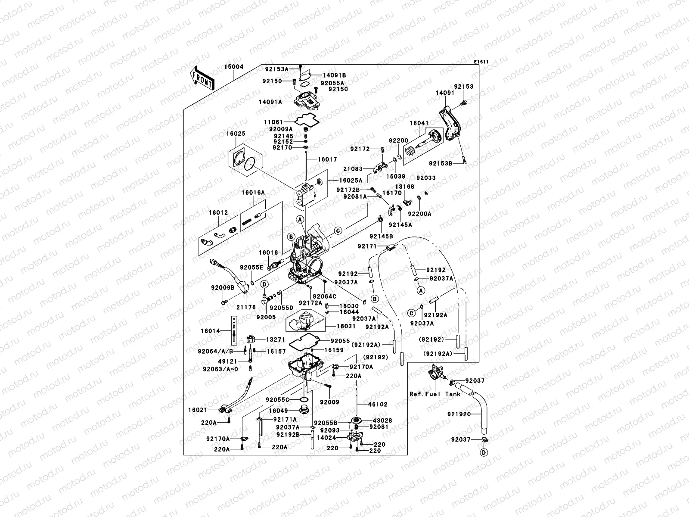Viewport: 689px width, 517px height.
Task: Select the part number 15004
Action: coord(233,67)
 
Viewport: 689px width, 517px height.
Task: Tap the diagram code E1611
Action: coord(481,62)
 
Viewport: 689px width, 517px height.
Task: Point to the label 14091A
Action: coord(270,102)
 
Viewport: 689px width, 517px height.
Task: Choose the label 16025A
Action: coord(351,181)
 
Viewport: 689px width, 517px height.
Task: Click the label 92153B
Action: coord(441,163)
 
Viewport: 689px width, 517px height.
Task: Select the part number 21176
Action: coord(245,307)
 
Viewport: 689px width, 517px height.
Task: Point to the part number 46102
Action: coord(378,405)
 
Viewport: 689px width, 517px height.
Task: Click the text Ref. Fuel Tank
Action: coord(435,394)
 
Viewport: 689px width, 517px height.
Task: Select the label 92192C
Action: coord(459,414)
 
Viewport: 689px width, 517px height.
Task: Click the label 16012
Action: coord(219,212)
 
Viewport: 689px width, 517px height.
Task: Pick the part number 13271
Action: coord(275,339)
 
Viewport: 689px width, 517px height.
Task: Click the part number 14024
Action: coord(326,437)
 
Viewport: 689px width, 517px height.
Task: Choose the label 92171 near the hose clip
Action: coord(367,246)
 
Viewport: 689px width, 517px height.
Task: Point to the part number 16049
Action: coord(278,411)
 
